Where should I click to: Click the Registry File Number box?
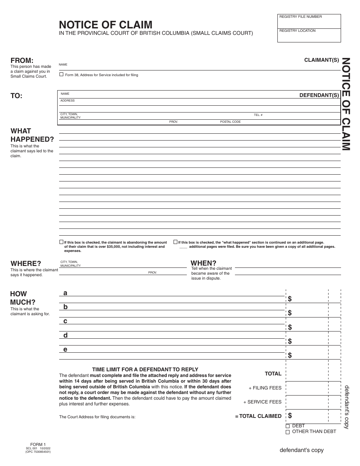click(309, 21)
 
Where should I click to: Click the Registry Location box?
click(309, 35)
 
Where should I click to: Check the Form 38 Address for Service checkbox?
click(61, 75)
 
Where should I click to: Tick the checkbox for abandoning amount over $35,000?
click(61, 242)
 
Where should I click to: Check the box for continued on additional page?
click(175, 242)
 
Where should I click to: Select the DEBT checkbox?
click(288, 426)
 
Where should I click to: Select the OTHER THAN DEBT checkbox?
click(288, 432)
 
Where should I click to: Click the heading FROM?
click(22, 61)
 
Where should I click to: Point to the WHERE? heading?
click(26, 264)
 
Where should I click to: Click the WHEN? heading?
click(203, 263)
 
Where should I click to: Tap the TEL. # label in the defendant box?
click(258, 115)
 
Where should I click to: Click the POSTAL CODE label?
click(230, 122)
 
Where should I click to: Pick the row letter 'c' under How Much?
click(65, 321)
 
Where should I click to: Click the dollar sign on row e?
click(290, 355)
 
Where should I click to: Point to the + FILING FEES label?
click(265, 388)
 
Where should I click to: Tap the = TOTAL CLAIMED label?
click(258, 416)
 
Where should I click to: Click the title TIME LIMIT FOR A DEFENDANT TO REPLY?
click(145, 369)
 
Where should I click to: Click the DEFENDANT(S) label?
click(319, 95)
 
